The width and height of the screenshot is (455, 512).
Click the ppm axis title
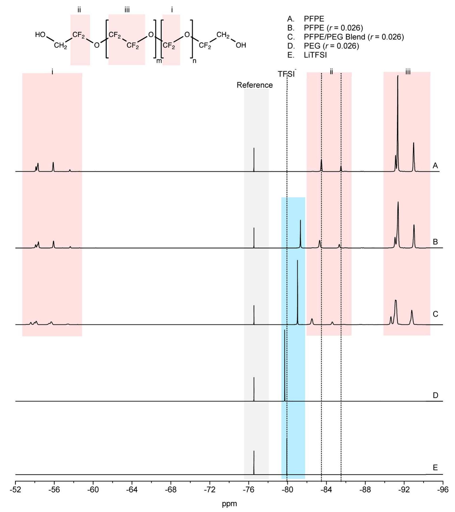pyautogui.click(x=229, y=504)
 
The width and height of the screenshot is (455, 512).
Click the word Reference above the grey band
pyautogui.click(x=255, y=85)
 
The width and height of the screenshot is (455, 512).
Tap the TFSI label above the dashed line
pyautogui.click(x=286, y=74)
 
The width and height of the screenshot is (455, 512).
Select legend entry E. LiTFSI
pyautogui.click(x=307, y=55)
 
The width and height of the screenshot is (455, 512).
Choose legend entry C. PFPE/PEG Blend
pyautogui.click(x=345, y=37)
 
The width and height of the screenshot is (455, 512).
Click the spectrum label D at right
pyautogui.click(x=435, y=395)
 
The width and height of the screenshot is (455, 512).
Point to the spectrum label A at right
pyautogui.click(x=435, y=166)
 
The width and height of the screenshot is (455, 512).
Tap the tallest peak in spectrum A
pyautogui.click(x=398, y=77)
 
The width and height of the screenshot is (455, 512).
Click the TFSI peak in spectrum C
pyautogui.click(x=297, y=261)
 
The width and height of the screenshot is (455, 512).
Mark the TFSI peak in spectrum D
pyautogui.click(x=285, y=331)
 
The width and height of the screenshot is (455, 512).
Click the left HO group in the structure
pyautogui.click(x=40, y=35)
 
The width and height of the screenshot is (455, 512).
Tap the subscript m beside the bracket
pyautogui.click(x=159, y=61)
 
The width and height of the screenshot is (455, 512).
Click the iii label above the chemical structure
pyautogui.click(x=127, y=10)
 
